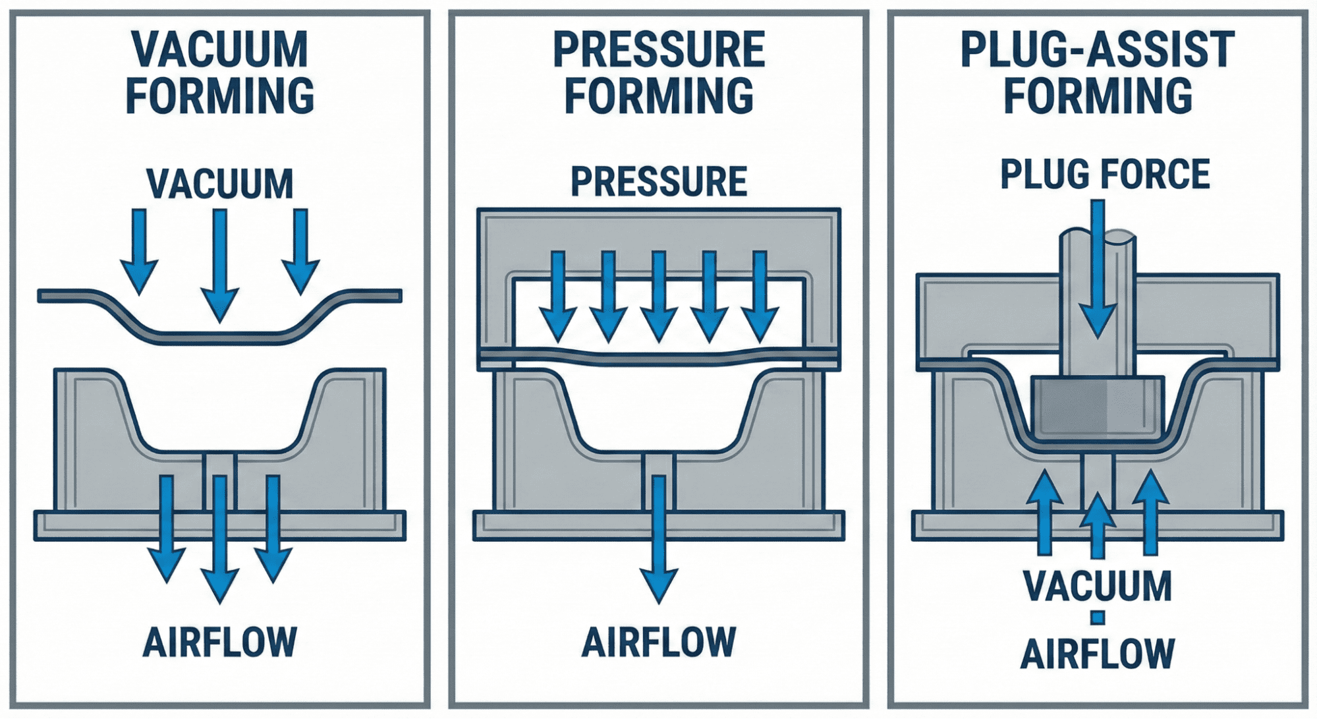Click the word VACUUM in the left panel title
pos(219,49)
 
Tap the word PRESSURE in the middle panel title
pos(658,49)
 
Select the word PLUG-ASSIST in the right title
pos(1097,49)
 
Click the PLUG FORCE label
pos(1105,174)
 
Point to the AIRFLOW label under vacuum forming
pos(219,642)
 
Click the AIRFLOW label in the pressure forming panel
pos(658,642)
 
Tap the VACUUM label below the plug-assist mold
pos(1098,585)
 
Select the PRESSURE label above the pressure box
pos(658,181)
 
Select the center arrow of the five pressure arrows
pos(658,297)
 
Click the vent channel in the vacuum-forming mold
pos(219,465)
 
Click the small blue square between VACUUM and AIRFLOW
pos(1097,618)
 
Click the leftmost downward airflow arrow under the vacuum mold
pos(166,527)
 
